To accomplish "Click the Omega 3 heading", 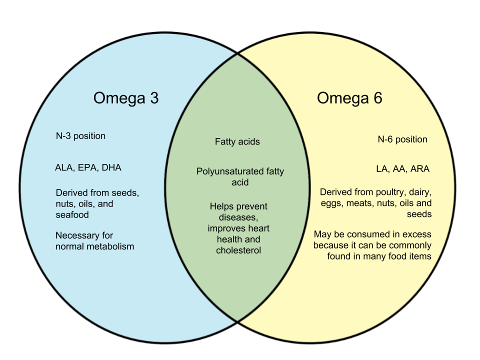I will [x=125, y=98].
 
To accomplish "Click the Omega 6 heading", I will [x=349, y=98].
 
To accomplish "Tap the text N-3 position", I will [x=80, y=136].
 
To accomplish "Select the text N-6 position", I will [x=402, y=139].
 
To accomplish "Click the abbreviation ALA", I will [x=64, y=167].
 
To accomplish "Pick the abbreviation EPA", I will [x=88, y=167].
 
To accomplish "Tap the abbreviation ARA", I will [x=419, y=169].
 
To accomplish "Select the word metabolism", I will [x=109, y=246].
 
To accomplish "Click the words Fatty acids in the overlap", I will [x=237, y=141].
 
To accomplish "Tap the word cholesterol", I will [x=238, y=250].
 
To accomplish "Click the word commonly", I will [x=413, y=245].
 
